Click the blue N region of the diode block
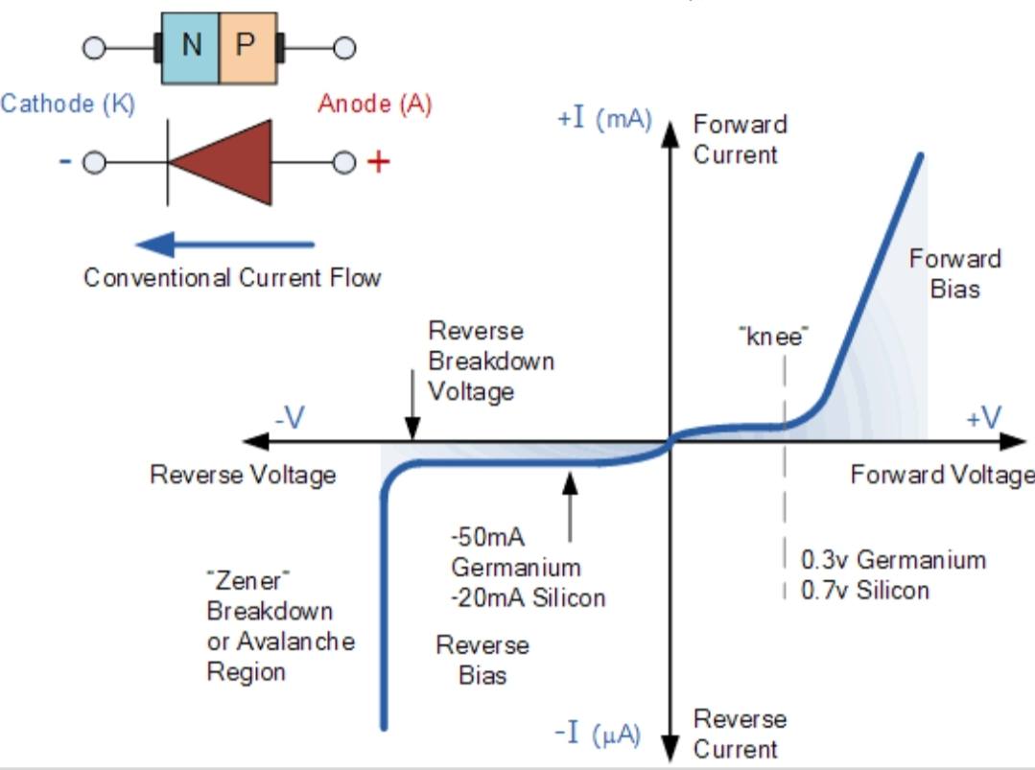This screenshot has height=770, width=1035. [x=190, y=48]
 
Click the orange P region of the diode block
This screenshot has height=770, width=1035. [x=248, y=48]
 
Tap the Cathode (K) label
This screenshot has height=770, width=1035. [x=68, y=105]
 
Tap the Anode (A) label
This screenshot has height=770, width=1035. [x=375, y=105]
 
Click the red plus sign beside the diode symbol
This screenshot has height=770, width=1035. [x=378, y=162]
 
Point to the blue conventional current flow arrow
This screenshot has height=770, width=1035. [x=225, y=245]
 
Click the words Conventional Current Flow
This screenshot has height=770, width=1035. [x=232, y=278]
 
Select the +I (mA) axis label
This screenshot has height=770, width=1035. [x=604, y=119]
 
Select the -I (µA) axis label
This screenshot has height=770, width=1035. [x=598, y=734]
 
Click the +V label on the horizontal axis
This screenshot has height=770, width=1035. [x=983, y=418]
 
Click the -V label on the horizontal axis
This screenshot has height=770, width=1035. [x=291, y=418]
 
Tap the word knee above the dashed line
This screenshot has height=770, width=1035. [x=773, y=337]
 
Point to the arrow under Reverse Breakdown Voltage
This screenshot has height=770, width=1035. [x=412, y=405]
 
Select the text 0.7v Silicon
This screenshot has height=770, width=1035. [x=865, y=590]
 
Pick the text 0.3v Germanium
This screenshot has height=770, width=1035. [x=894, y=560]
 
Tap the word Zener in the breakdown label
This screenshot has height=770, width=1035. [x=248, y=581]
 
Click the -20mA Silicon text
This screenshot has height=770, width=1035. [x=529, y=597]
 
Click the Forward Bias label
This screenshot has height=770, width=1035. [x=955, y=274]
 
